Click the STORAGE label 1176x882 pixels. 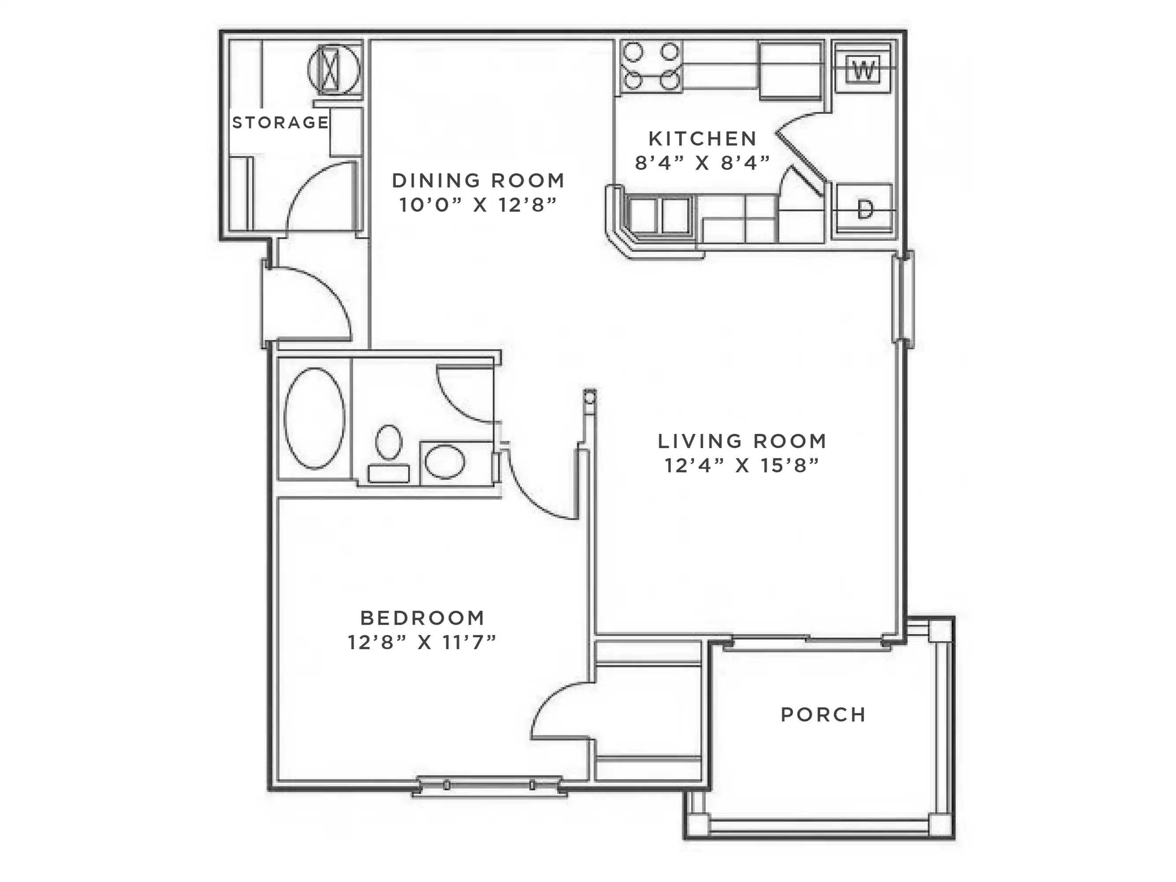[x=280, y=123]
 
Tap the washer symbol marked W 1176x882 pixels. [x=863, y=69]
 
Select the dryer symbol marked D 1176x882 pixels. [x=864, y=209]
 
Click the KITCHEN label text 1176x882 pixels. [x=702, y=139]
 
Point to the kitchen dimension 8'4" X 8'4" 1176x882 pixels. [x=702, y=163]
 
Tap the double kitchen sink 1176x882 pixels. [x=659, y=216]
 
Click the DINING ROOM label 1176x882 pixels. [x=478, y=181]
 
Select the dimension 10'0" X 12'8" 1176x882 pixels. [x=478, y=205]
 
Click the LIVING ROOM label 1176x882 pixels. [x=742, y=441]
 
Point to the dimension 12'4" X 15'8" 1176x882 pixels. [x=742, y=466]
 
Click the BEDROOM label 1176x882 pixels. [x=423, y=618]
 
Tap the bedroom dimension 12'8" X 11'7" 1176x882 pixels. [x=423, y=643]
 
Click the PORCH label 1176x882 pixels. [x=823, y=714]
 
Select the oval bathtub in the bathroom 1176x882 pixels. [x=314, y=418]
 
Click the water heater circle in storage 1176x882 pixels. [x=333, y=70]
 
